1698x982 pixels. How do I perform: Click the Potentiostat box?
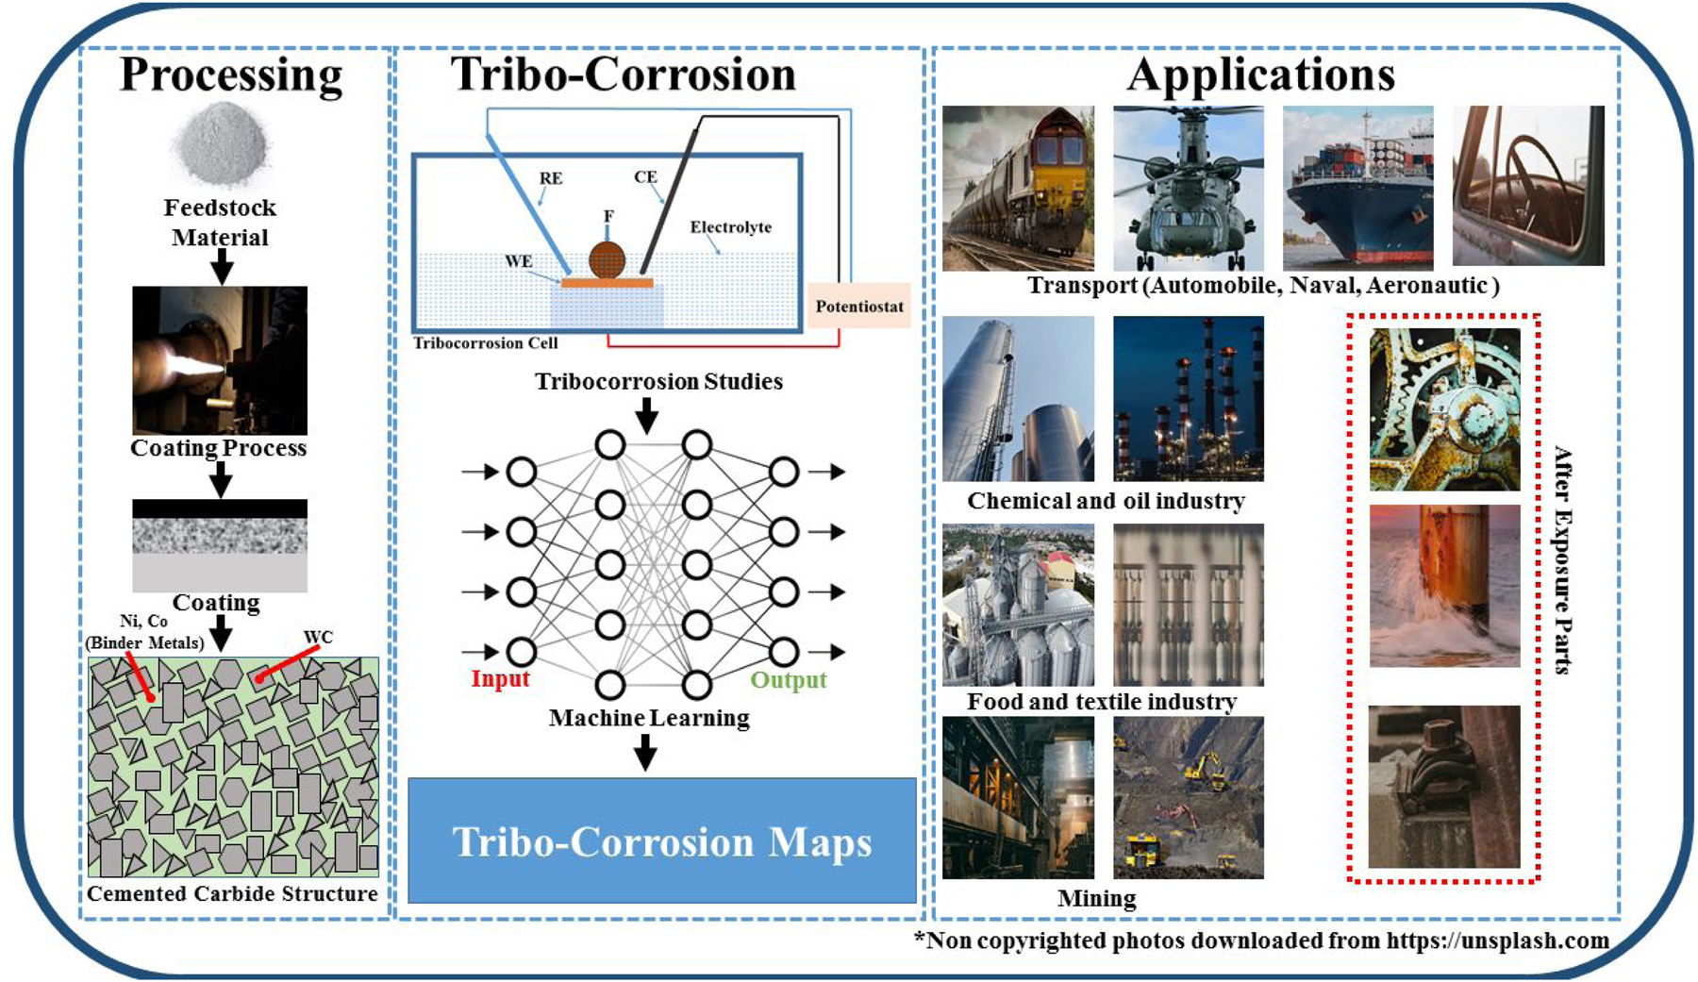click(x=859, y=306)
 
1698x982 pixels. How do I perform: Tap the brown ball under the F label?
click(x=608, y=259)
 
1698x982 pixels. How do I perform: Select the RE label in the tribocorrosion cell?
click(x=551, y=178)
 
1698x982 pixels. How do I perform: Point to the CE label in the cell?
click(x=645, y=176)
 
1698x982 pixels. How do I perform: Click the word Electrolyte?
click(x=730, y=227)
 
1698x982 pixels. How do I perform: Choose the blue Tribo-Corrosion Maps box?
click(x=662, y=841)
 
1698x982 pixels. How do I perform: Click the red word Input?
click(x=500, y=678)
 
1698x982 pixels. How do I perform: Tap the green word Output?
click(x=789, y=680)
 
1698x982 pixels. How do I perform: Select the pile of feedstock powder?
click(x=221, y=144)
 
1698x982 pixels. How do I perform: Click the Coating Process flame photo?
click(x=220, y=360)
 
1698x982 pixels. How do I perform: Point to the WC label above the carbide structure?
click(x=318, y=637)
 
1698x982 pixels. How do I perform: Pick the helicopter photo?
click(x=1189, y=188)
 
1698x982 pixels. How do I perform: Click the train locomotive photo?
click(x=1019, y=188)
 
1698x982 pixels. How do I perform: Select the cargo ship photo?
click(x=1358, y=188)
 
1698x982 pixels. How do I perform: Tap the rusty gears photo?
click(x=1444, y=409)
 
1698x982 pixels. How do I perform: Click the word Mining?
click(x=1096, y=898)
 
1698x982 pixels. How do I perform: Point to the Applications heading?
click(x=1261, y=75)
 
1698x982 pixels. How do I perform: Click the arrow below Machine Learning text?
click(x=645, y=753)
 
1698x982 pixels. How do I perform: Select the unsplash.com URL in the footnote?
click(x=1497, y=940)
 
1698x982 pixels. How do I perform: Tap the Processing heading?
click(x=231, y=75)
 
